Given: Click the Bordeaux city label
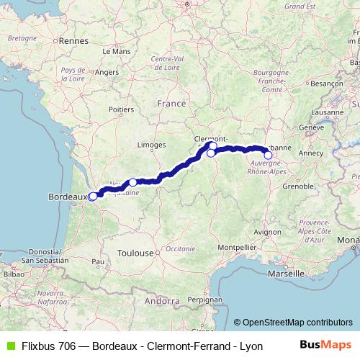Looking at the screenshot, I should [x=66, y=196].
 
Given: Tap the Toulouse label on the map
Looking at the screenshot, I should [x=137, y=253].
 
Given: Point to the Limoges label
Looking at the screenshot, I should [x=151, y=145].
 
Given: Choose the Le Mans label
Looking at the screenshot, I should [x=116, y=52].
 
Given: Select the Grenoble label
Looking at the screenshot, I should [x=296, y=186].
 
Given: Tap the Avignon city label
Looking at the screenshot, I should [x=267, y=232].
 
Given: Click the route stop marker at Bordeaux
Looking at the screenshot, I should [x=92, y=196].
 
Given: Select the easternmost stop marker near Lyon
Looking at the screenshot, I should [x=268, y=155].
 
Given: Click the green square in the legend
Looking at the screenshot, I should [x=9, y=346].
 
